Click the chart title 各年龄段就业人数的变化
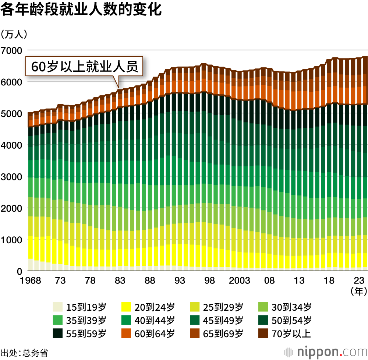point(81,10)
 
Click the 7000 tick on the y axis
point(12,50)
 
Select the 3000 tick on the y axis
point(12,177)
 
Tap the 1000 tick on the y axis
point(12,240)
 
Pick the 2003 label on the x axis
point(239,281)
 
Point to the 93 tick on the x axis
point(180,281)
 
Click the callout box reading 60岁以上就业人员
point(84,67)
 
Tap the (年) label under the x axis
point(358,291)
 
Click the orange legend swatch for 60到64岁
point(126,334)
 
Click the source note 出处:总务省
point(24,352)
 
